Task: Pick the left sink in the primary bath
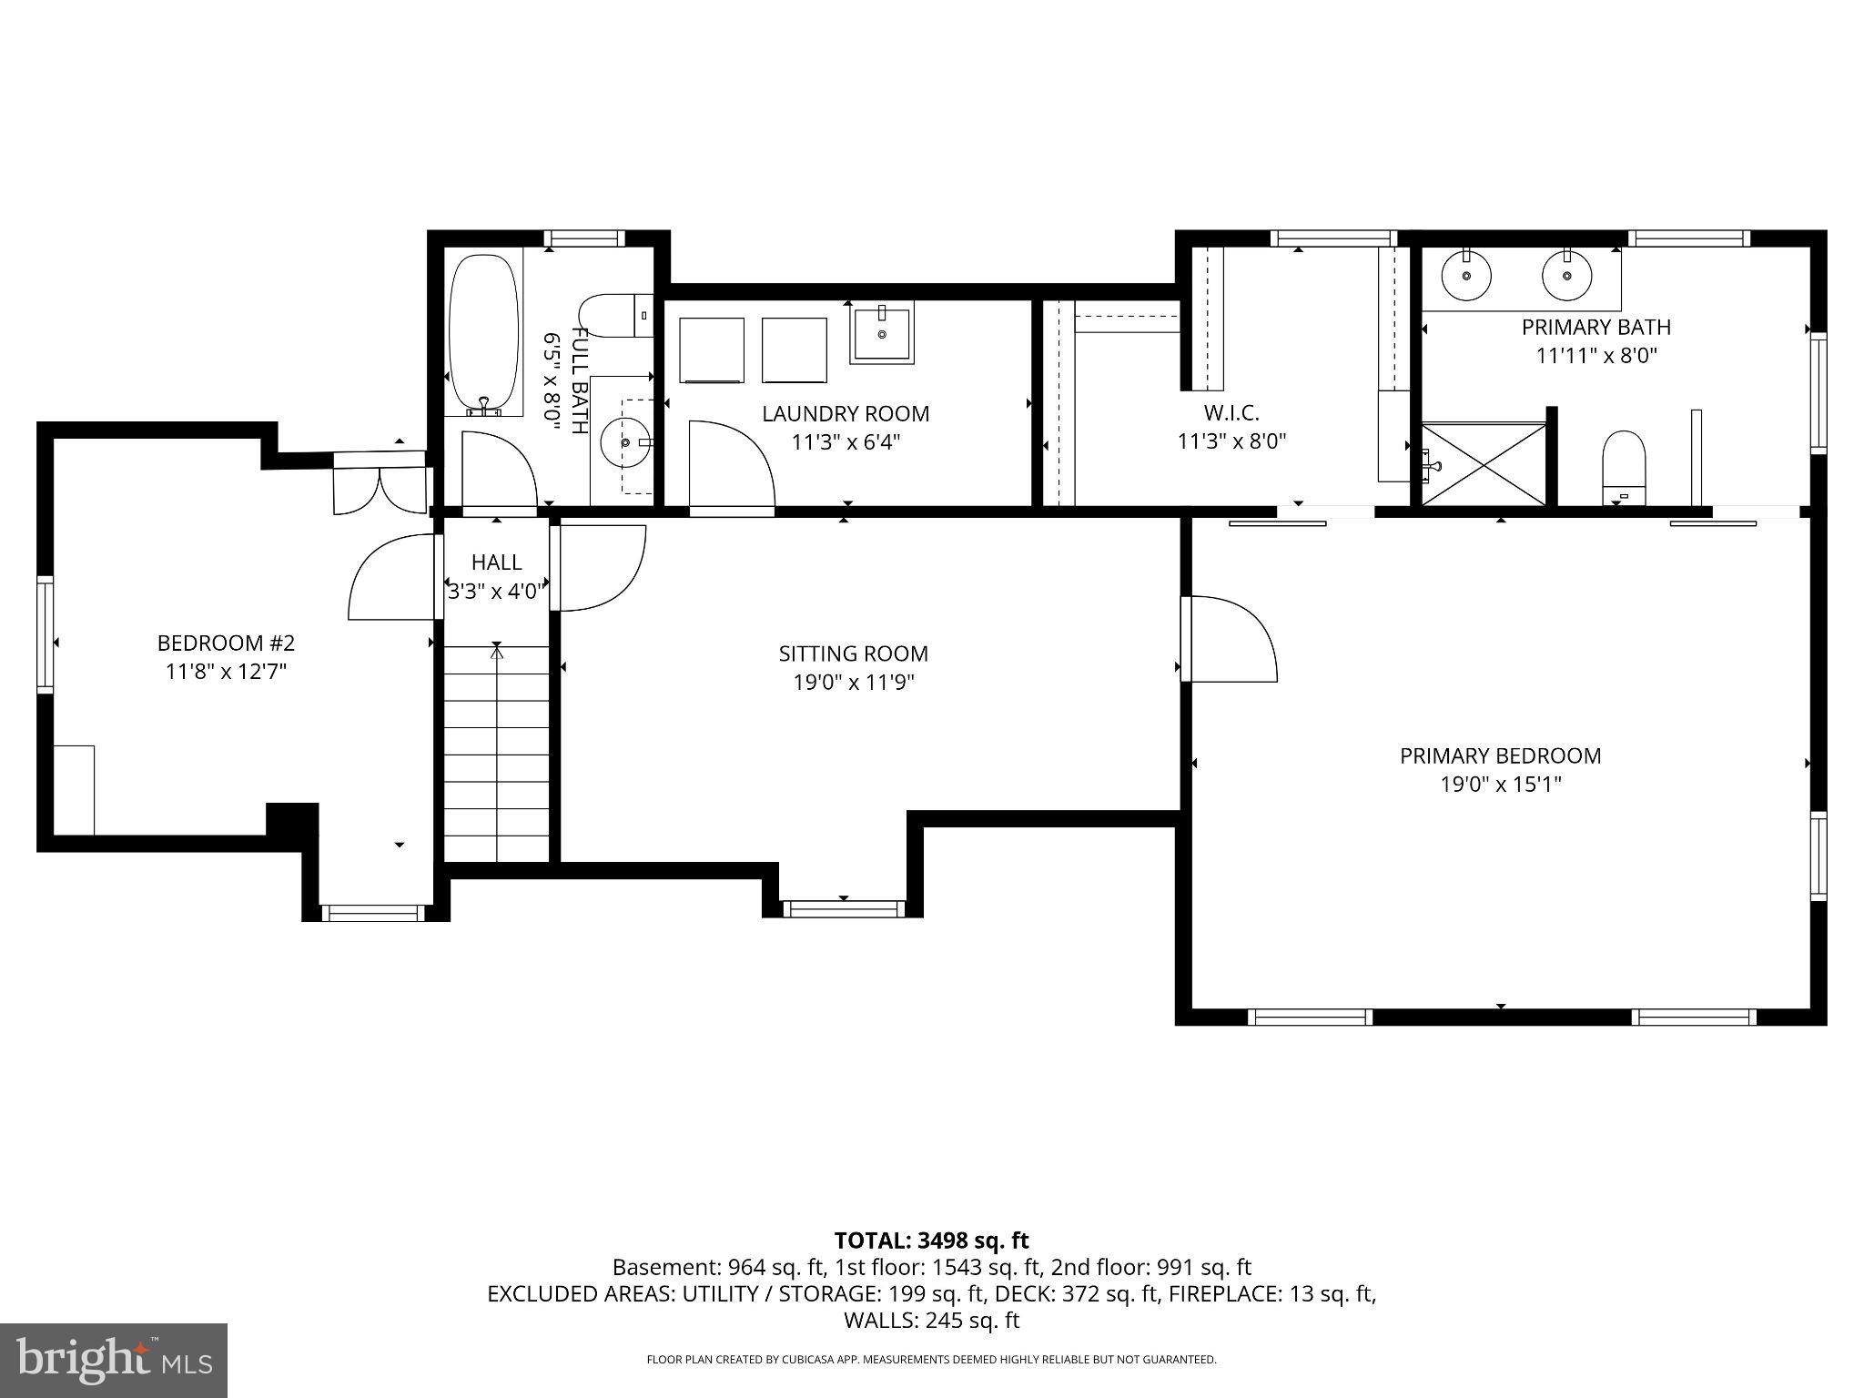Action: tap(1466, 276)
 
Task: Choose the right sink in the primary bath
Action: tap(1566, 276)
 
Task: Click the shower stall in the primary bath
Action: tap(1484, 464)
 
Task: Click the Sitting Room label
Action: tap(854, 653)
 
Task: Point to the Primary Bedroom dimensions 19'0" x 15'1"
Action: tap(1501, 785)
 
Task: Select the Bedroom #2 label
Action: tap(226, 643)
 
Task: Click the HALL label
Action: tap(497, 562)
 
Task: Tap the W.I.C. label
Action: tap(1231, 413)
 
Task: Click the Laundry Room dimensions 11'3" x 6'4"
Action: tap(846, 442)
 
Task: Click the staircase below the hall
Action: tap(497, 753)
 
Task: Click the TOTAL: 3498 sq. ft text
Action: tap(932, 1241)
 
